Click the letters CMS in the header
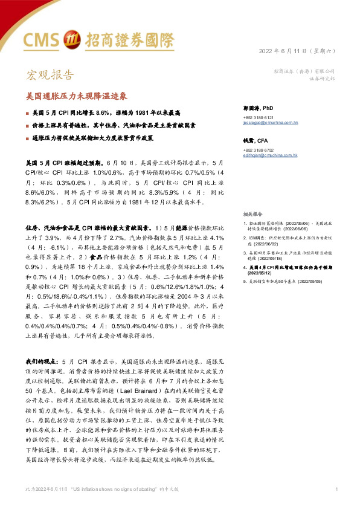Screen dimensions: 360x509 pos(42,40)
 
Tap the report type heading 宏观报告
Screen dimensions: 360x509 pos(50,75)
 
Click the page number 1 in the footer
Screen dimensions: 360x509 pos(336,488)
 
